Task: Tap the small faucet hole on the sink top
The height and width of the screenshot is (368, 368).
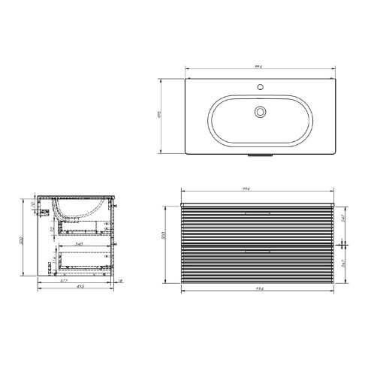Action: (x=259, y=88)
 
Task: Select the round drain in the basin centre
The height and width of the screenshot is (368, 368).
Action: (x=260, y=113)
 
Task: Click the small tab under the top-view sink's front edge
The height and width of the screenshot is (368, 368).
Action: (x=259, y=157)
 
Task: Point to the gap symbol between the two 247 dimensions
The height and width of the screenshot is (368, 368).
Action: (x=344, y=245)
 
